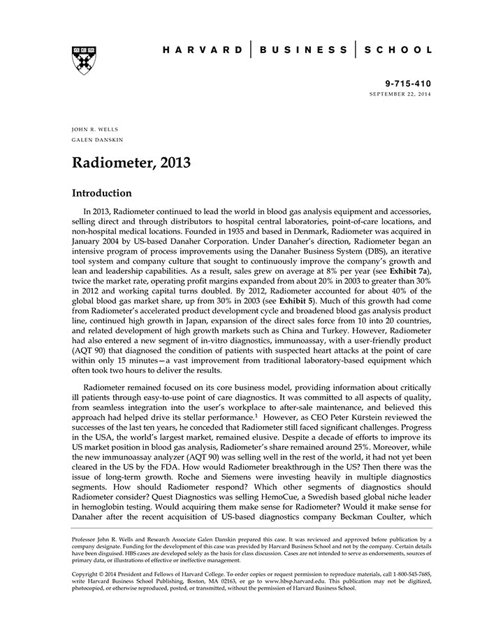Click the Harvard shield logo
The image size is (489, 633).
pos(84,60)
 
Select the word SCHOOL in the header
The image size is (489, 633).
pos(400,50)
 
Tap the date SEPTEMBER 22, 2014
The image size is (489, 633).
pos(400,94)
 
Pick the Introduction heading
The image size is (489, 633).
pos(102,194)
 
